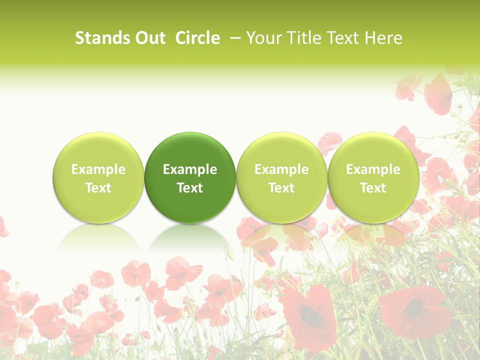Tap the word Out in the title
point(149,38)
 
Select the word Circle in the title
point(197,38)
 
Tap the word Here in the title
point(383,38)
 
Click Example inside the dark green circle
point(190,169)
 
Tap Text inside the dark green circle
point(190,188)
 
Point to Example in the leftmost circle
point(98,169)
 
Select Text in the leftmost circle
point(98,188)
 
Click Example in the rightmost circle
point(373,169)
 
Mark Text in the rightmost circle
point(373,188)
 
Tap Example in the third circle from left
point(281,169)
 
